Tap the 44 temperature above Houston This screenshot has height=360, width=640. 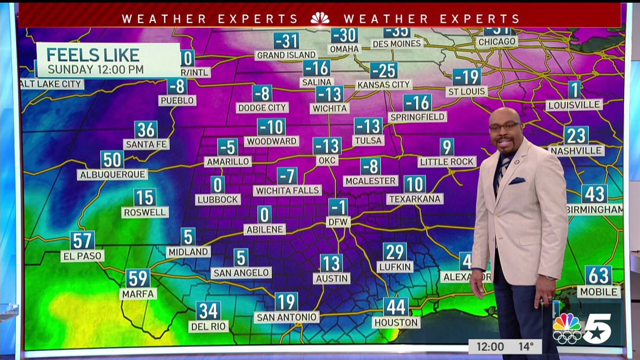tap(396, 307)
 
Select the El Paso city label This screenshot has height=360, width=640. tap(83, 256)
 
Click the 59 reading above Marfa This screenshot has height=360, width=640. tap(138, 278)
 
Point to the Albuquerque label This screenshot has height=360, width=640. tap(113, 174)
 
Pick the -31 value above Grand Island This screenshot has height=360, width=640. tap(286, 41)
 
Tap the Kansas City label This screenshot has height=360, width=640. tap(384, 84)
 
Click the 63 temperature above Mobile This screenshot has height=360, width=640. tap(598, 276)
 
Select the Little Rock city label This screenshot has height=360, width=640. tap(447, 161)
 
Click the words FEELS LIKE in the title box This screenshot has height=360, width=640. tap(93, 54)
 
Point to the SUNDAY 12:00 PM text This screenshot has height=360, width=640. tap(95, 69)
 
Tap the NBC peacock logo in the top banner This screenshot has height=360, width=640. tap(320, 19)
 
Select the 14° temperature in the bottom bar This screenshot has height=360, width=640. tap(526, 347)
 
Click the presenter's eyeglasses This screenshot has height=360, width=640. tap(503, 126)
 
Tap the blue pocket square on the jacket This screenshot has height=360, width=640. tap(517, 180)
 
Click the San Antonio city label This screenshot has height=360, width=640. tap(286, 317)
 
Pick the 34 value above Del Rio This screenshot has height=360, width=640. tap(208, 311)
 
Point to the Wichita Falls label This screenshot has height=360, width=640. tap(287, 190)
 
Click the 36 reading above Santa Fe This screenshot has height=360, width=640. tap(146, 130)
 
